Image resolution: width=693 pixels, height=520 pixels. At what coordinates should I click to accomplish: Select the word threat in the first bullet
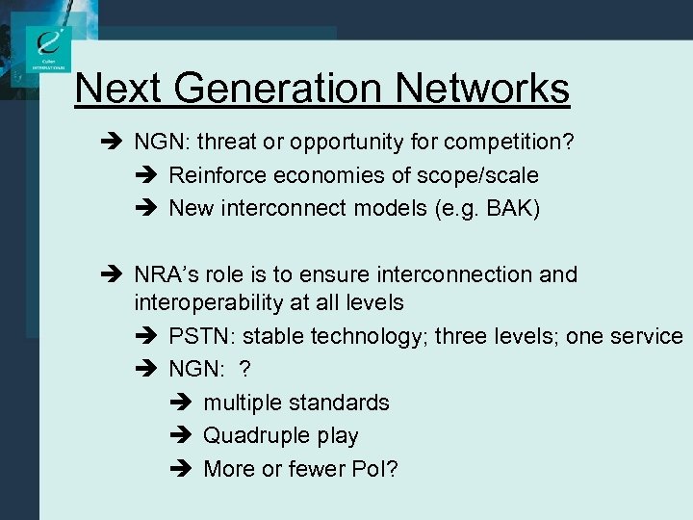(225, 143)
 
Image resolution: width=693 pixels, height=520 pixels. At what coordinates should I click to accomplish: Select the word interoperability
(203, 302)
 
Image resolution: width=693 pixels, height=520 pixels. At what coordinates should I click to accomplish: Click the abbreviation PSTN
(202, 336)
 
